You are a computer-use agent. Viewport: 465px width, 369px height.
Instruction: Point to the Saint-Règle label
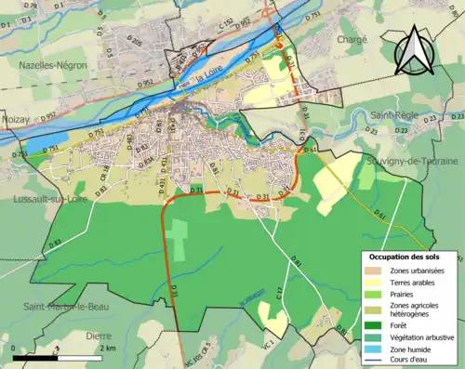tap(393, 114)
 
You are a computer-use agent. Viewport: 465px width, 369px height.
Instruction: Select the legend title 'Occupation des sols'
tap(405, 256)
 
